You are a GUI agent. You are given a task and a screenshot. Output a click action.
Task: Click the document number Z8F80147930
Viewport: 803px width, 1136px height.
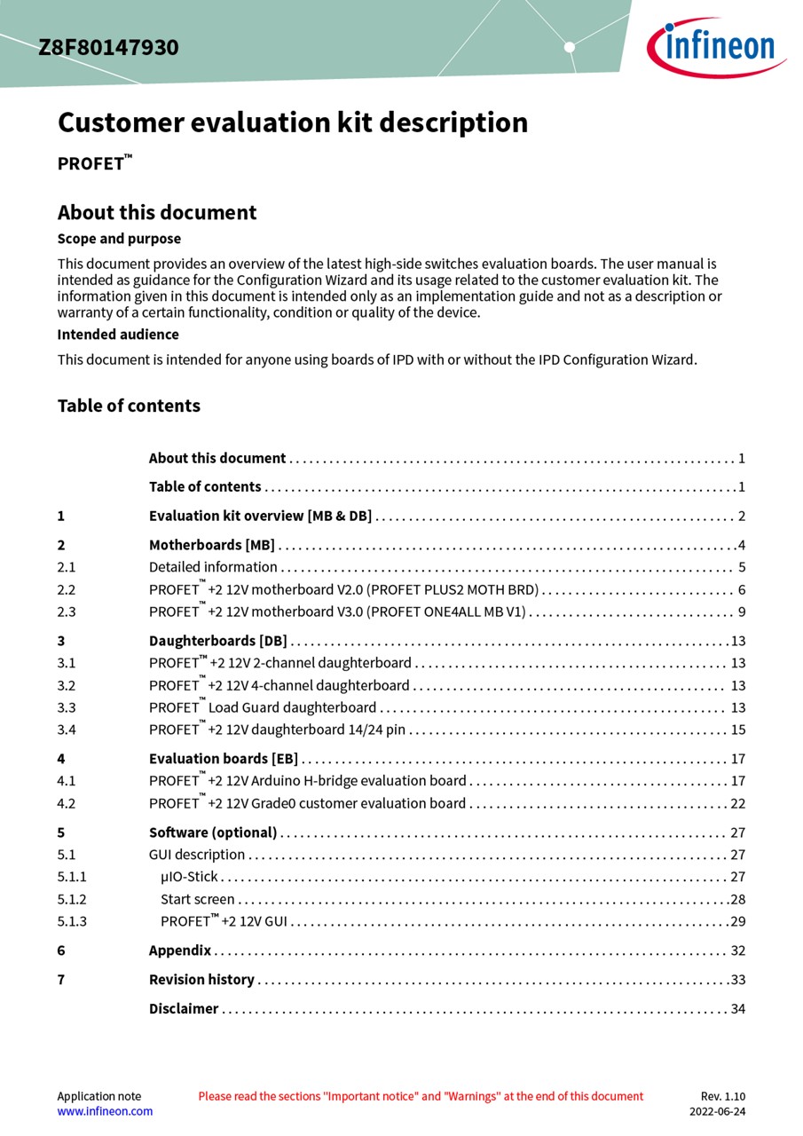(108, 48)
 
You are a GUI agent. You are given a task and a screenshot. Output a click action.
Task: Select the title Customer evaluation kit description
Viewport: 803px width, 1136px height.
(293, 122)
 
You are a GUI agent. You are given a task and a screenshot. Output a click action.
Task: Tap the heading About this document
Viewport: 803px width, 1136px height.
(157, 213)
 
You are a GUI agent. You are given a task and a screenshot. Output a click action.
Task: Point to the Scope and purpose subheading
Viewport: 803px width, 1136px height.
(119, 239)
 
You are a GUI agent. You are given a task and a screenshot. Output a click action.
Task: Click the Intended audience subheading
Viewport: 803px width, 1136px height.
(118, 335)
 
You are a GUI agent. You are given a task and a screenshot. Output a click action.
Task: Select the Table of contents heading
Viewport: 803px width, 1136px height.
(129, 406)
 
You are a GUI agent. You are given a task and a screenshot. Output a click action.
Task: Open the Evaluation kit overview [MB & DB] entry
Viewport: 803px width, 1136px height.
(260, 517)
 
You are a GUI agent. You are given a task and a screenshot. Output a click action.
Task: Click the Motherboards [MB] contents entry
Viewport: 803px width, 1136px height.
(211, 545)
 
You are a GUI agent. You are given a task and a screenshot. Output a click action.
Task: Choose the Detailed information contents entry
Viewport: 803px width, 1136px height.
(213, 567)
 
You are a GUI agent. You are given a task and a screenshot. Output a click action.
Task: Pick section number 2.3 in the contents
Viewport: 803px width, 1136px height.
(67, 611)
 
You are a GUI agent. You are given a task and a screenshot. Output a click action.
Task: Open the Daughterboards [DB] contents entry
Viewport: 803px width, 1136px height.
(217, 641)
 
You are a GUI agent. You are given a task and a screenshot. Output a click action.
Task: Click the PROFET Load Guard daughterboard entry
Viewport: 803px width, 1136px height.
(263, 707)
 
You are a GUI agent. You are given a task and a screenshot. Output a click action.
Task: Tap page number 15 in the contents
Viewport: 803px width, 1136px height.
(738, 730)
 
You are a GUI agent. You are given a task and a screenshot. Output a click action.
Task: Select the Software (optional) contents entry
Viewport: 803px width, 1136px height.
(213, 832)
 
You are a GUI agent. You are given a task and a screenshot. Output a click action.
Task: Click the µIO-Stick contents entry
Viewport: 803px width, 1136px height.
(189, 877)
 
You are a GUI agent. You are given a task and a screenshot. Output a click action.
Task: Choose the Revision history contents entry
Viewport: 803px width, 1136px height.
(201, 980)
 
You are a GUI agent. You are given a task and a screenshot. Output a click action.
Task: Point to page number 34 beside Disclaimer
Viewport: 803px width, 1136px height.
(738, 1009)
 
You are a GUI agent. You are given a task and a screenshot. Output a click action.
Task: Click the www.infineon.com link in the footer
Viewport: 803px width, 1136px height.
(105, 1111)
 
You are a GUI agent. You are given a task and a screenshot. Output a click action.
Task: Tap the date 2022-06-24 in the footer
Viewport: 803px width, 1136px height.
(718, 1111)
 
